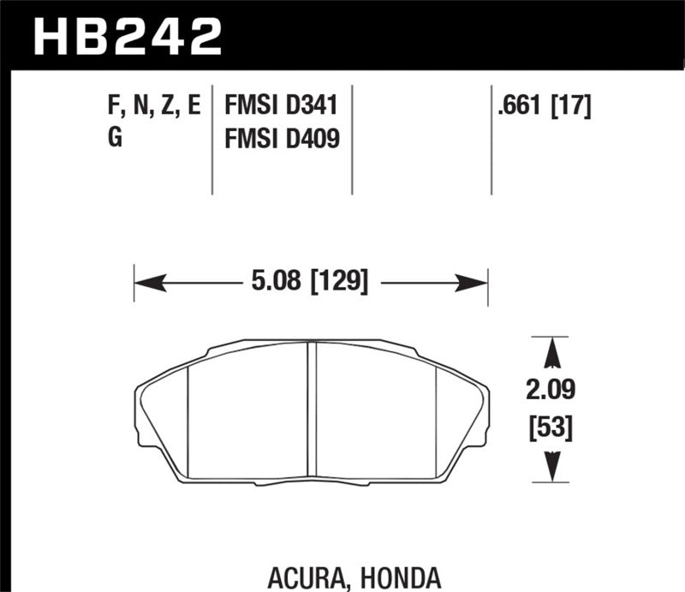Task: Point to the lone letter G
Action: click(x=115, y=137)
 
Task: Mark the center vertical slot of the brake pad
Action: click(x=313, y=410)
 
